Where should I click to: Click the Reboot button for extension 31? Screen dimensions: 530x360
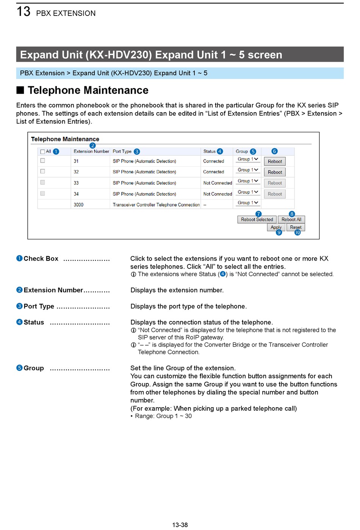click(275, 161)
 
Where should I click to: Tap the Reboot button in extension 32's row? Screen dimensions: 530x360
click(275, 172)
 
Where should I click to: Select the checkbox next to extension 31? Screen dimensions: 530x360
click(42, 161)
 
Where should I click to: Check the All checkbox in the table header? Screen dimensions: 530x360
click(42, 152)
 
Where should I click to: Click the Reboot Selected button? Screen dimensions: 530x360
click(257, 219)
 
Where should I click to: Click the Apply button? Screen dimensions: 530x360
click(276, 227)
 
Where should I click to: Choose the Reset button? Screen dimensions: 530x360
click(296, 227)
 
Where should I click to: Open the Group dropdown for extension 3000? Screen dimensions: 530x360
click(248, 203)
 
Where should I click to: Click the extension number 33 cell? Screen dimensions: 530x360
click(76, 183)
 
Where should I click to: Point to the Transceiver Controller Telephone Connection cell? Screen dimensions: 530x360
click(156, 205)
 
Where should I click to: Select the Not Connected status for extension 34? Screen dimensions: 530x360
click(218, 194)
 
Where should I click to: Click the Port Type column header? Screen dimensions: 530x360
click(122, 152)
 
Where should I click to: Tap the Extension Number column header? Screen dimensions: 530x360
click(91, 152)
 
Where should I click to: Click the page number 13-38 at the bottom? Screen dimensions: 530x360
click(180, 525)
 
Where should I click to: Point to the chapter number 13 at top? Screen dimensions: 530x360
click(23, 11)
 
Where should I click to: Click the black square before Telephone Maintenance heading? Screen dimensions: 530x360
click(20, 90)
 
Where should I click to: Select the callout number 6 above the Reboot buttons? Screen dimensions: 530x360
click(275, 151)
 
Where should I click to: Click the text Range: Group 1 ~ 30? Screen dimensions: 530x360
click(163, 416)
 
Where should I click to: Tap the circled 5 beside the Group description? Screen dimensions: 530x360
click(19, 368)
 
